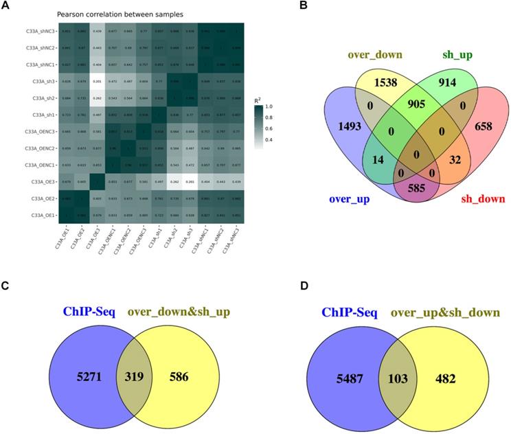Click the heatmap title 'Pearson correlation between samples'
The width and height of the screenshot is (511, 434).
click(x=89, y=15)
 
